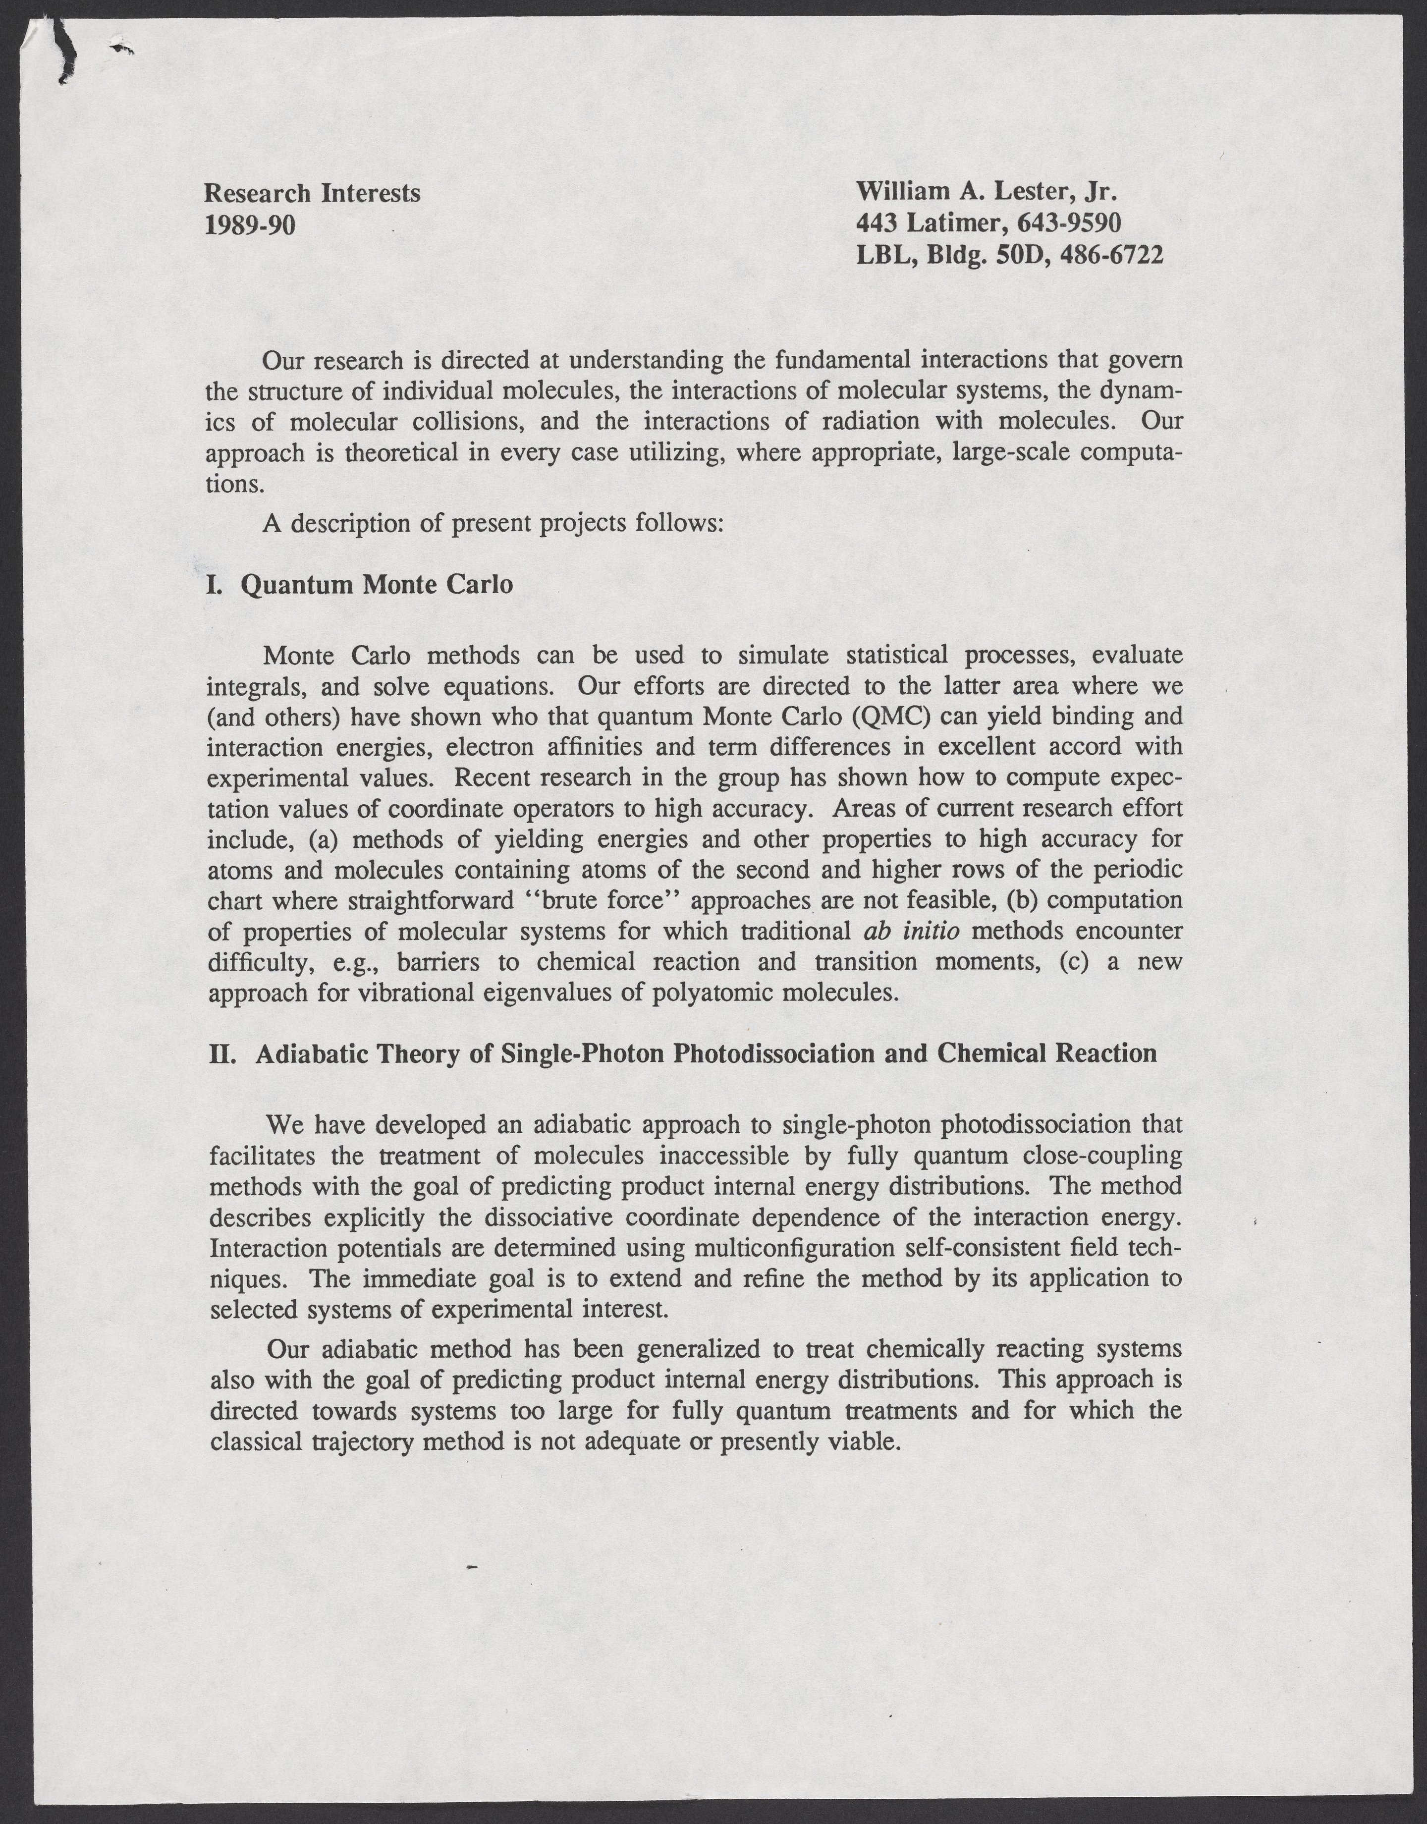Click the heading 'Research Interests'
pyautogui.click(x=313, y=193)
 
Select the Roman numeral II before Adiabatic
pyautogui.click(x=219, y=1053)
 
